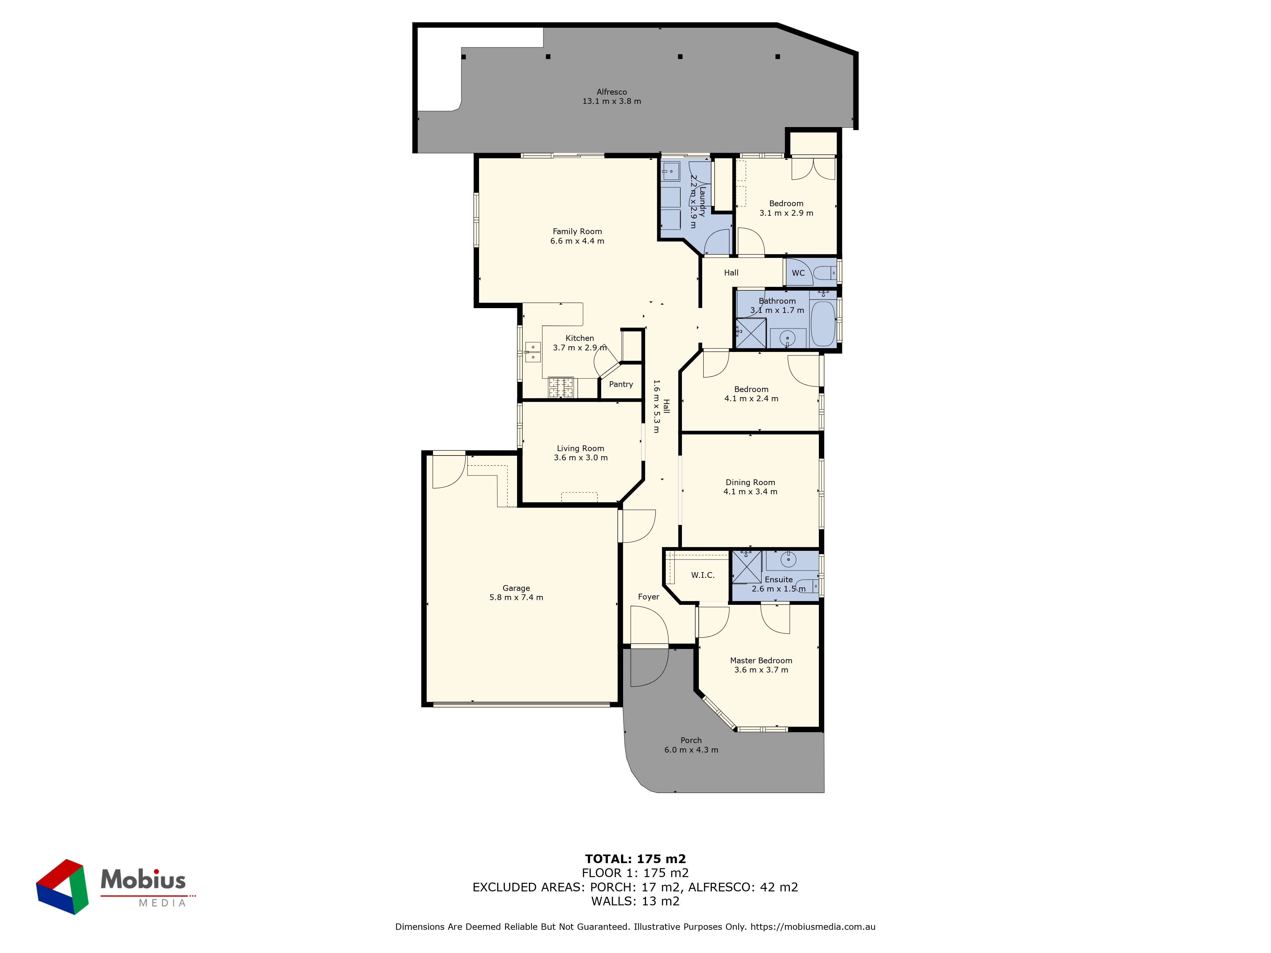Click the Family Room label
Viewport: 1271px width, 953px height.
pos(577,232)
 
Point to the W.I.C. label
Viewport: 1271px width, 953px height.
pos(703,575)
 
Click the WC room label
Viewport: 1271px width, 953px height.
pos(798,273)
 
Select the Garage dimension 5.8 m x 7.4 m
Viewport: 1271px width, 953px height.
pos(516,598)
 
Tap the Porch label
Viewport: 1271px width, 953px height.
pos(691,740)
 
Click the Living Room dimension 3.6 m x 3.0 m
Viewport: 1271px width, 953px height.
pos(580,458)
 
